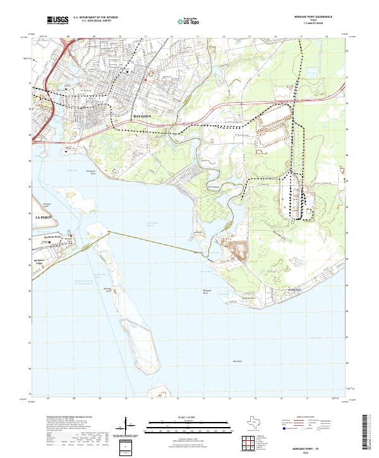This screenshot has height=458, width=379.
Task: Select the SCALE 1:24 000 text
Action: click(172, 417)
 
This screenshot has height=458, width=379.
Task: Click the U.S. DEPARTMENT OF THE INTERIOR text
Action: click(95, 18)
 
